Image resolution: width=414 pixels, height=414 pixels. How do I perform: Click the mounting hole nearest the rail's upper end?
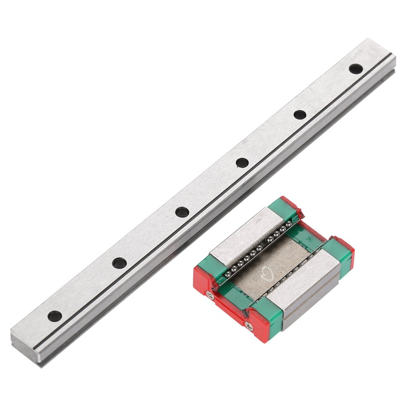354,68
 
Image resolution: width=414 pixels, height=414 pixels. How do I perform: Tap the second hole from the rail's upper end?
300,115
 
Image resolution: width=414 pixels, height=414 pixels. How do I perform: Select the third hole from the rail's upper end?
242,162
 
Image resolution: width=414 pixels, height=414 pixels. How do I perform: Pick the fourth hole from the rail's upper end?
181,212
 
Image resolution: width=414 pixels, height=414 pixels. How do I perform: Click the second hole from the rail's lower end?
120,262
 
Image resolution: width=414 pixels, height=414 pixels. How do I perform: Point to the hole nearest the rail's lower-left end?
55,316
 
